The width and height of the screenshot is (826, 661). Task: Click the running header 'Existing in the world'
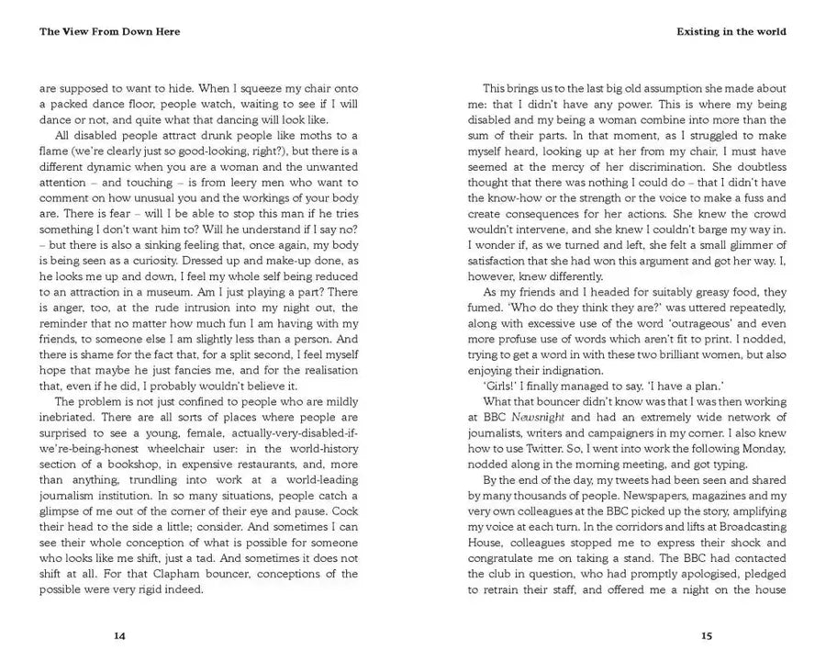(731, 31)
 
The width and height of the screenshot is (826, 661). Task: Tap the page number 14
(118, 635)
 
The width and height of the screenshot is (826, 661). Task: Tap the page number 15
(706, 635)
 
